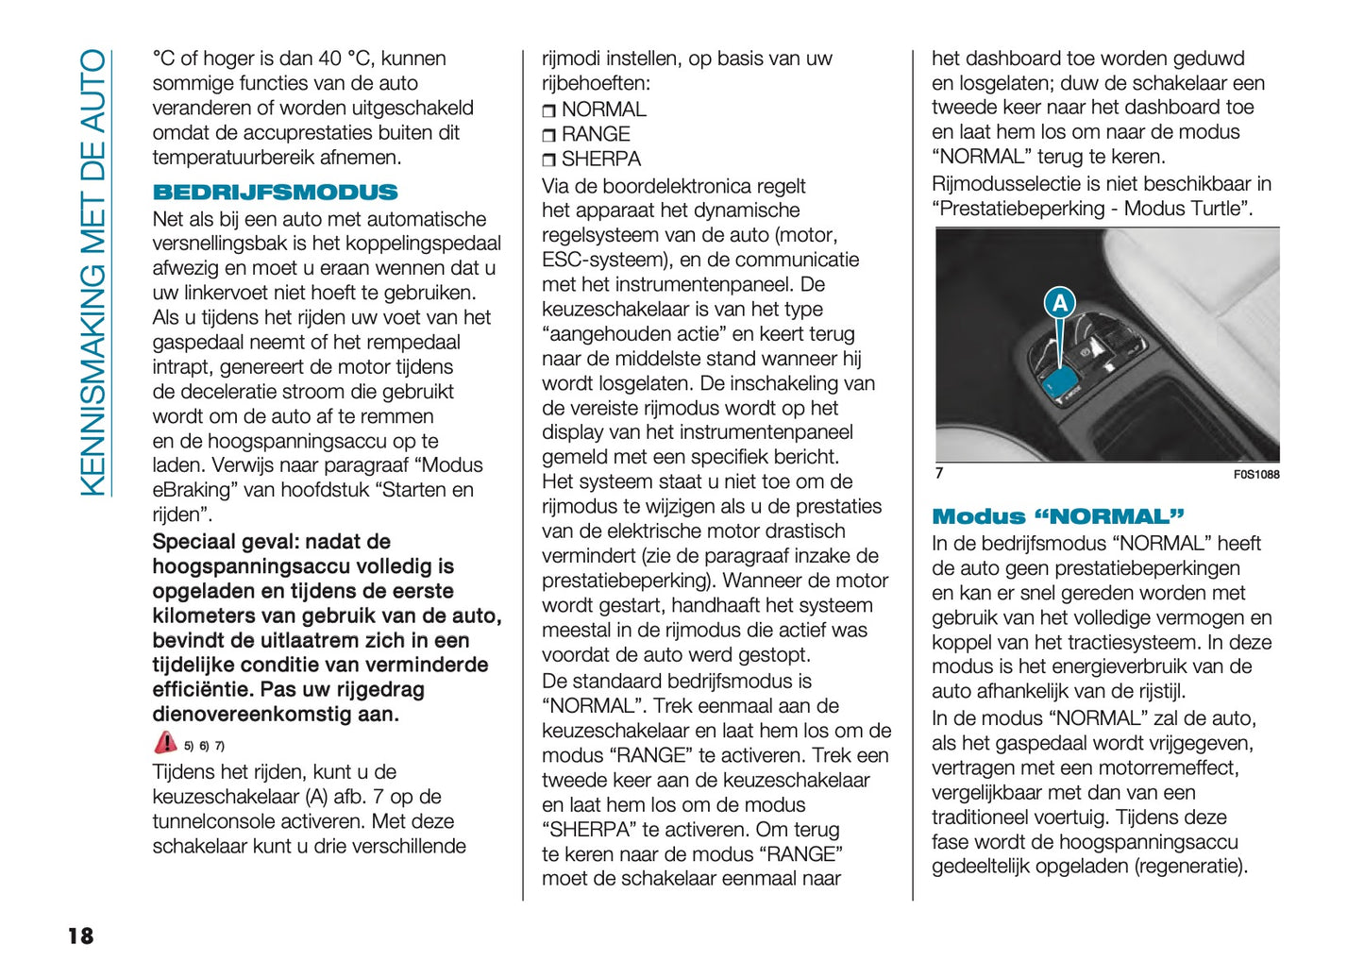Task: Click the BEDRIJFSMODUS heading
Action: point(275,193)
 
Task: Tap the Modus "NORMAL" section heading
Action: point(1057,516)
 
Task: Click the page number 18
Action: point(80,936)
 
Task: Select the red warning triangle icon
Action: point(165,743)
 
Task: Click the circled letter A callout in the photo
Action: point(1060,303)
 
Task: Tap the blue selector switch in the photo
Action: point(1062,382)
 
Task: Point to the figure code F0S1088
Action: point(1255,475)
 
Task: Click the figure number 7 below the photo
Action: point(939,473)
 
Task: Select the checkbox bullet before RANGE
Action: point(549,136)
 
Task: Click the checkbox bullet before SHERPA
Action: point(549,160)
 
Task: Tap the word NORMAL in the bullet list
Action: point(603,110)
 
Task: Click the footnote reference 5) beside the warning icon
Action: point(189,746)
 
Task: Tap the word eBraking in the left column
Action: point(194,490)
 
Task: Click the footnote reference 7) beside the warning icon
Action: point(219,746)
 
